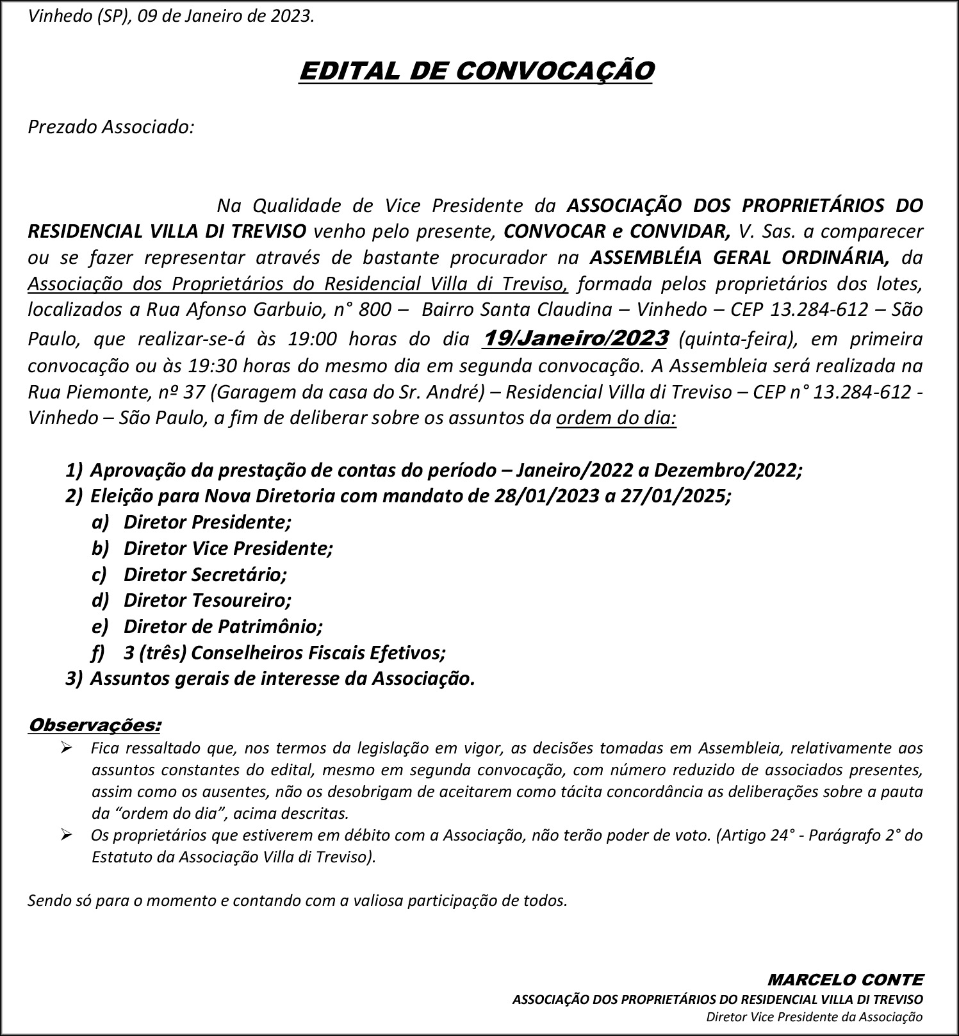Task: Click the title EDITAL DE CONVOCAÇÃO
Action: coord(476,71)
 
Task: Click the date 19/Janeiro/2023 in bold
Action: coord(576,338)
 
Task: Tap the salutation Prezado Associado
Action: coord(111,127)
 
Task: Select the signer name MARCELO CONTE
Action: coord(845,980)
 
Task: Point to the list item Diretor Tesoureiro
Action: coord(207,600)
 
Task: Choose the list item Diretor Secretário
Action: coord(205,574)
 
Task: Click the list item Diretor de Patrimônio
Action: coord(223,626)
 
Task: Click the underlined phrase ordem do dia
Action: coord(616,418)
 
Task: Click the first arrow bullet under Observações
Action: coord(67,748)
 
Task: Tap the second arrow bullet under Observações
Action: coord(67,835)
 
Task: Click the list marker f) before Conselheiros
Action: coord(97,653)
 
